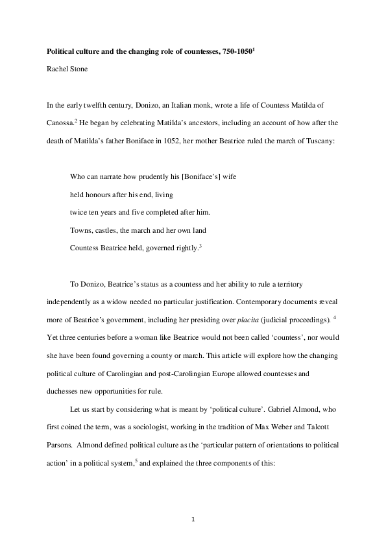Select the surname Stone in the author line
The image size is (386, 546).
(x=71, y=66)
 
